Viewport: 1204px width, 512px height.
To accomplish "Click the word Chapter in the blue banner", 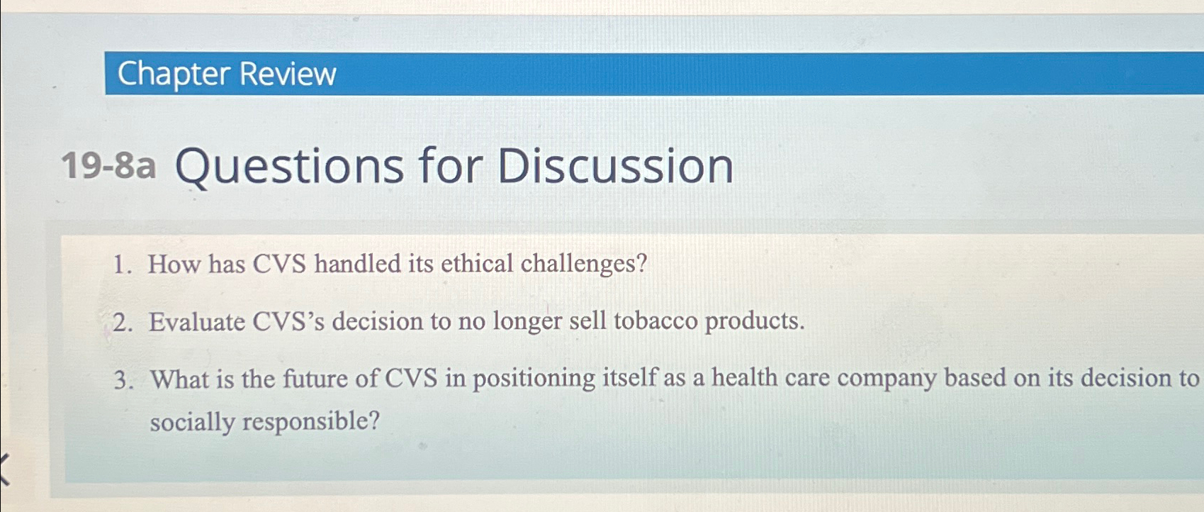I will point(174,74).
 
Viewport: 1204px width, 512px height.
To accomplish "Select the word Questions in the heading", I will point(289,167).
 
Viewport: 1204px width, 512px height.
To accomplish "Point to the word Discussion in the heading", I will point(615,166).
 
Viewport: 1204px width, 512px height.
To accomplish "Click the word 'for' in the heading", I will point(450,166).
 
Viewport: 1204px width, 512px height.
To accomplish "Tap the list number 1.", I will point(121,265).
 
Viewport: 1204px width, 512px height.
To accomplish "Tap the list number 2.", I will point(121,323).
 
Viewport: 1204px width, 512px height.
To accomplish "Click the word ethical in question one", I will point(477,264).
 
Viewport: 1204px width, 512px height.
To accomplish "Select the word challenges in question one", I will point(583,265).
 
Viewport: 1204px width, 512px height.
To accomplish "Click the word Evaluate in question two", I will point(196,322).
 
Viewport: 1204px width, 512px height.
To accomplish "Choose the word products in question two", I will point(754,322).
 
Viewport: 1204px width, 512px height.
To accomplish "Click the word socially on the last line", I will point(192,422).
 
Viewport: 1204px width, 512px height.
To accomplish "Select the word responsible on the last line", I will point(310,422).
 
